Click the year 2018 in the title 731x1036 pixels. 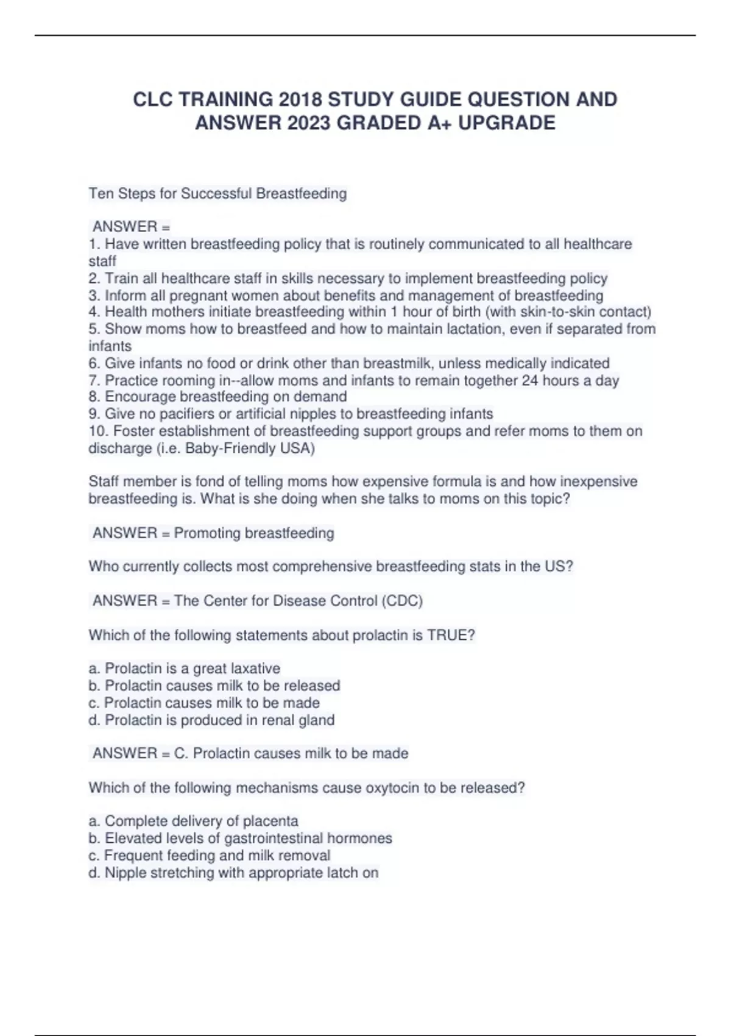click(x=300, y=99)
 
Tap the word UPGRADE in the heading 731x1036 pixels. click(x=507, y=123)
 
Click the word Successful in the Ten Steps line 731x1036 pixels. click(x=216, y=194)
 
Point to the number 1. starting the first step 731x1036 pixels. click(x=94, y=244)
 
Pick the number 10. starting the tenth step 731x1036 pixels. click(x=99, y=431)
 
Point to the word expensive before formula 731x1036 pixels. click(x=395, y=482)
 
